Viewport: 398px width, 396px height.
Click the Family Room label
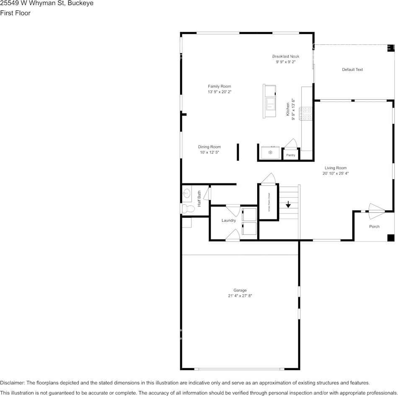click(x=220, y=86)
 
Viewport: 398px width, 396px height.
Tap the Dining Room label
click(x=209, y=147)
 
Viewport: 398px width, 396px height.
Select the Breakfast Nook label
click(x=286, y=57)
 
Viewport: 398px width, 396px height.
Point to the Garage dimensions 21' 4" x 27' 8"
click(x=240, y=296)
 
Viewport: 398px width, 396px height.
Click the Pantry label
click(x=290, y=155)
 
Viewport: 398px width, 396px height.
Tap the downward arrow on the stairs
click(x=288, y=204)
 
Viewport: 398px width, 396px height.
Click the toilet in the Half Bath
click(x=187, y=208)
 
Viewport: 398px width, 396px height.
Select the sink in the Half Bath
click(x=186, y=193)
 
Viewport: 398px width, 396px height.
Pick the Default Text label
click(x=352, y=69)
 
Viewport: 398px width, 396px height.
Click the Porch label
click(x=374, y=226)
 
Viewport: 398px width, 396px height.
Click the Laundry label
click(x=229, y=220)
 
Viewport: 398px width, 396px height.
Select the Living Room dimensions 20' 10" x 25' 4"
click(x=336, y=173)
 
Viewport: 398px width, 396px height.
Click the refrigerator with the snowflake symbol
click(x=270, y=152)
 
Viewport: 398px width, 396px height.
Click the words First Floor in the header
click(x=15, y=13)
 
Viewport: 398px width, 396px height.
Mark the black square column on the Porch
click(x=390, y=238)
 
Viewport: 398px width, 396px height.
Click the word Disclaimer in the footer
click(x=13, y=383)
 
